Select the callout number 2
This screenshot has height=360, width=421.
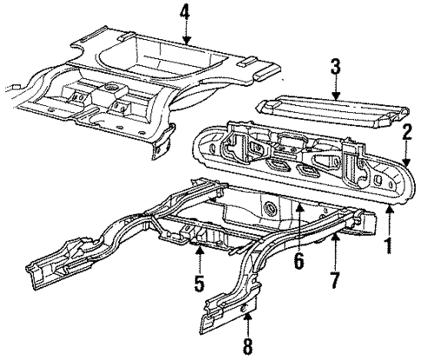click(405, 131)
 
